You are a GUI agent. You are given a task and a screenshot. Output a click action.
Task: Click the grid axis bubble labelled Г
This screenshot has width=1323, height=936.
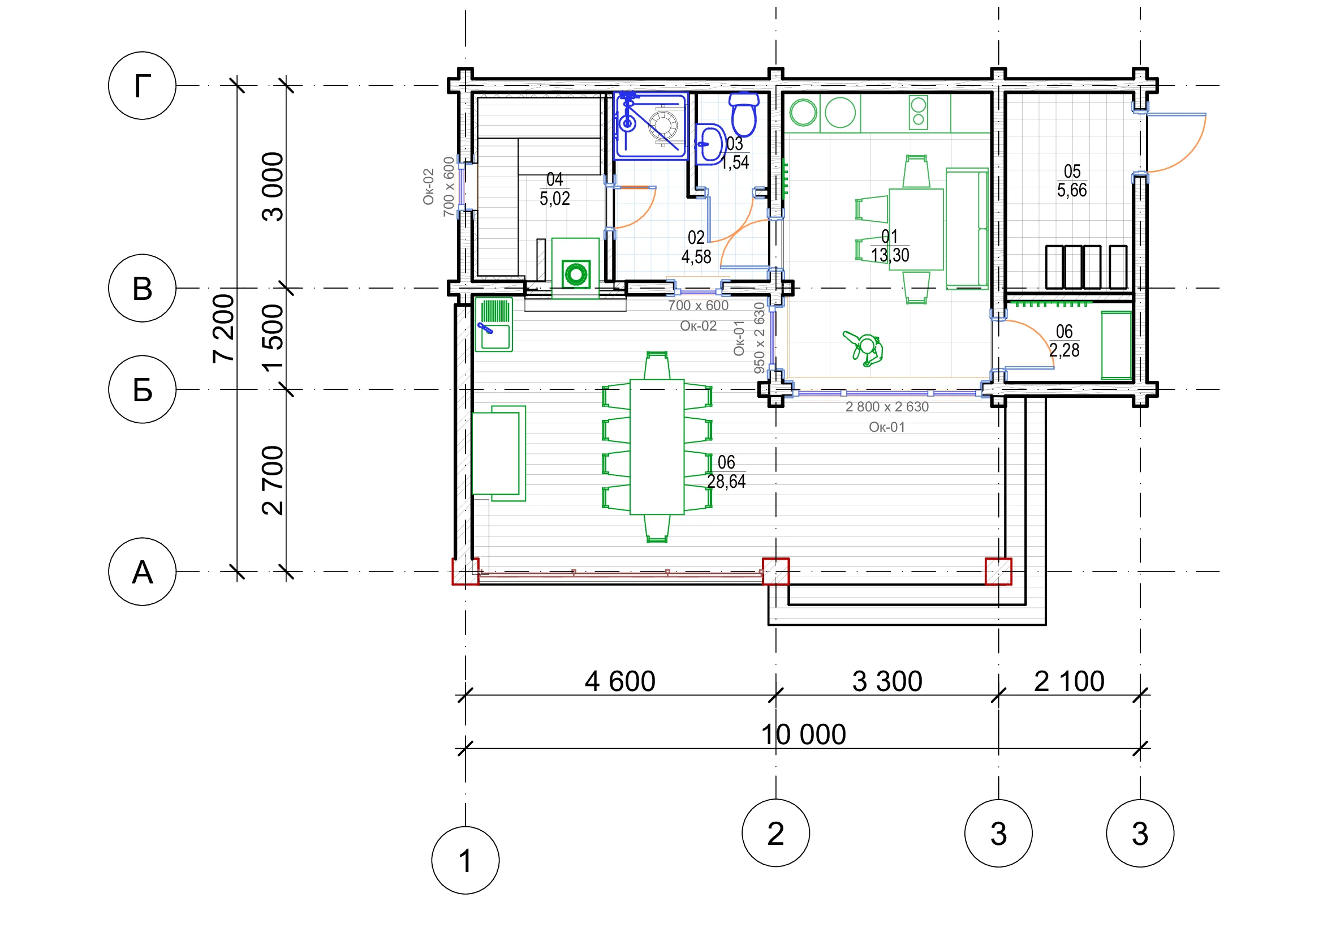pos(142,86)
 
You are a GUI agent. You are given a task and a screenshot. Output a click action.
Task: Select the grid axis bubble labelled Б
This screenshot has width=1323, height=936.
pos(142,389)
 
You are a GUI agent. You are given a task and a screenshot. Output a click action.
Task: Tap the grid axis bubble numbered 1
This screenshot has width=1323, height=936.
pos(466,861)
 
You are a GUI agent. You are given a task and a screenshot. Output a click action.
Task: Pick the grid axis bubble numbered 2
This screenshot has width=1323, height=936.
pos(775,833)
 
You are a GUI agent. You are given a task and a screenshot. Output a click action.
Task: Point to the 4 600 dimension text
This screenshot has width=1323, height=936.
pos(620,681)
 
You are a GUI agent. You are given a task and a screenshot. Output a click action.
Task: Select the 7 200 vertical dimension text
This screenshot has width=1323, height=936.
pos(224,329)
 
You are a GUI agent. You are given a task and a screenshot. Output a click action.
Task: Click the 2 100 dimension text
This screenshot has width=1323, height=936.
pos(1069,681)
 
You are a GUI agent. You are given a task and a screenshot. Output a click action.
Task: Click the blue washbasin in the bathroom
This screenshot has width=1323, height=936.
pos(710,144)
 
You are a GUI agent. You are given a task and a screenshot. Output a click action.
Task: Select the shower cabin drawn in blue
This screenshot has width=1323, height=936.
pos(651,126)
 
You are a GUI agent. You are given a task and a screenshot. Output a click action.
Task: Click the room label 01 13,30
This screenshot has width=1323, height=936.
pos(890,246)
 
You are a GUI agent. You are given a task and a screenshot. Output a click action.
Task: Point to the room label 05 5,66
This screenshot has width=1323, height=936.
pos(1072,181)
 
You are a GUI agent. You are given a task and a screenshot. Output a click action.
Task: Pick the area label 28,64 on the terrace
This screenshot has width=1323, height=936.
pos(726,482)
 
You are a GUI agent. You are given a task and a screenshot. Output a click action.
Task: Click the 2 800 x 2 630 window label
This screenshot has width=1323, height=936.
pos(887,407)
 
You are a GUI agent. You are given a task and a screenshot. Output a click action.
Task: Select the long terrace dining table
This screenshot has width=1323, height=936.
pos(657,446)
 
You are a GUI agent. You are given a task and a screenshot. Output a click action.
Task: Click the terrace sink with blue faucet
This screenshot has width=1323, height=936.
pos(494,324)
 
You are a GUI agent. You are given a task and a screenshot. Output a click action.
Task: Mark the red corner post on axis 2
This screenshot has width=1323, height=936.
pos(775,571)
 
